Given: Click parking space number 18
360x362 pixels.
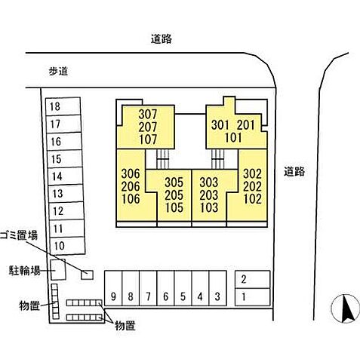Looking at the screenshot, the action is click(63, 106).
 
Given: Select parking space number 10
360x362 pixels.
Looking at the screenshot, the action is click(67, 246).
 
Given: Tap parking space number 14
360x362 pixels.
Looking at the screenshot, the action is click(65, 176).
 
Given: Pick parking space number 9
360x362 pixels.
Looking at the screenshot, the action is click(113, 288).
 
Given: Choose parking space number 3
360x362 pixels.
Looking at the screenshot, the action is click(217, 288).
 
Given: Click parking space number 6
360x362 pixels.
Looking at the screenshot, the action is click(165, 288).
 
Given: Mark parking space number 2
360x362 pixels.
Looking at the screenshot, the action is click(253, 279).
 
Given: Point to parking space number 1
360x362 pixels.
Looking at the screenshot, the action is click(253, 297).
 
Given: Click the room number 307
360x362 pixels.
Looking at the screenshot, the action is click(148, 115).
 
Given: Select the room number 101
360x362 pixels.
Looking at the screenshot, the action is click(233, 137).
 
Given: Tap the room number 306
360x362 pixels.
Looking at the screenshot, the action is click(131, 173).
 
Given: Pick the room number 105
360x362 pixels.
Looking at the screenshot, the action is click(174, 207).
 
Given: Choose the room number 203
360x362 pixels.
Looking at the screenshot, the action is click(209, 195).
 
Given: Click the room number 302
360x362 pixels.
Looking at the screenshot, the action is click(252, 173).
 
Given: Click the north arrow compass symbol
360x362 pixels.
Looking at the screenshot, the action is click(345, 308).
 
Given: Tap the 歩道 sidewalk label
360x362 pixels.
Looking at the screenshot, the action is click(58, 72).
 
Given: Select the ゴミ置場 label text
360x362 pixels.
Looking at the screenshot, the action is click(19, 235).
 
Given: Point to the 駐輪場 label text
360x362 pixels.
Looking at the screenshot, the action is click(25, 271).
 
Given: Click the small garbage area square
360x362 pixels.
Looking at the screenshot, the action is click(88, 275).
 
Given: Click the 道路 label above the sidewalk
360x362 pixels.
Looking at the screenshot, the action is click(162, 39).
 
